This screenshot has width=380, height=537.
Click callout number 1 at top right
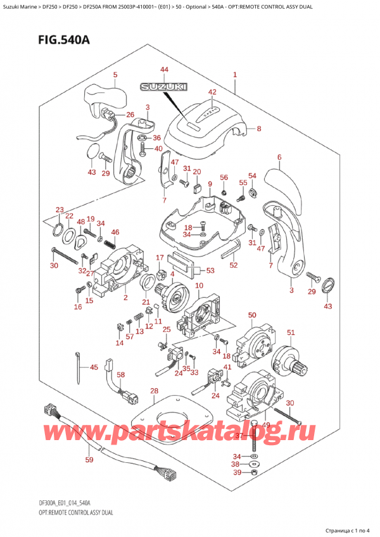(235, 75)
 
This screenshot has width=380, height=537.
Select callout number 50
(252, 315)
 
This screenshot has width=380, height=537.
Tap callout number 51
(291, 332)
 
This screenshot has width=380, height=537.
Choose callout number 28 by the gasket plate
(154, 391)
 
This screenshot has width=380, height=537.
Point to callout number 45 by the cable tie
(93, 367)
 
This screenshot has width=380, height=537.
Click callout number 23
(60, 210)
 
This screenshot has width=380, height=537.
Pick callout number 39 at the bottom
(237, 473)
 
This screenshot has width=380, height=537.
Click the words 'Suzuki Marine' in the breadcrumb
(21, 7)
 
